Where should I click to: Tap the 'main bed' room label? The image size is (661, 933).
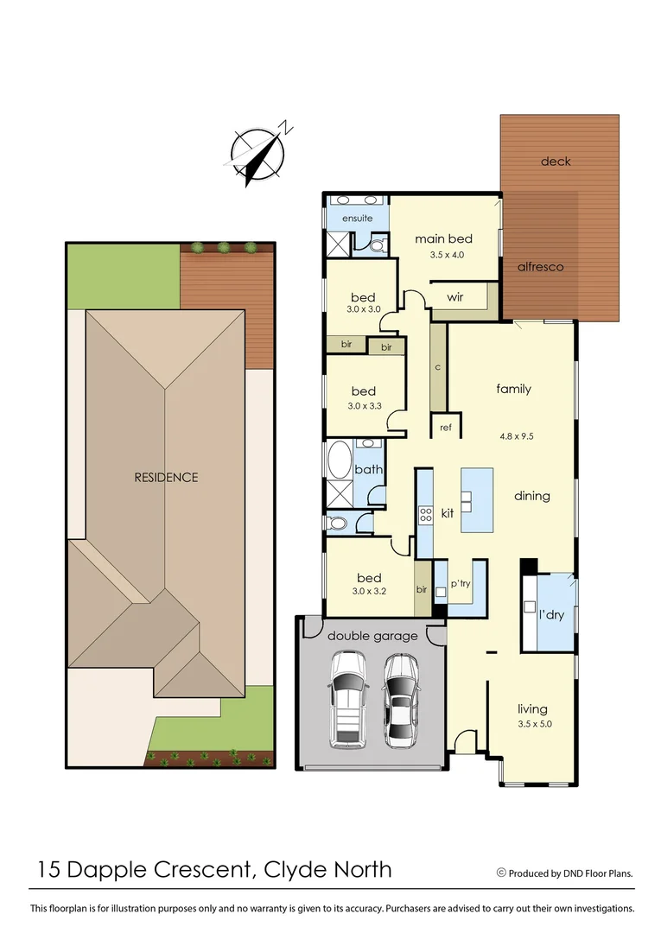tap(443, 238)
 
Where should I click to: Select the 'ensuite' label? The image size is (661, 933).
tap(357, 219)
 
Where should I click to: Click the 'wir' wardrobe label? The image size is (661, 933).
tap(456, 297)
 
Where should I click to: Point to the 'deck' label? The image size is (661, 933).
tap(556, 162)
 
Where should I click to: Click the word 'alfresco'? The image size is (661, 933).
tap(540, 267)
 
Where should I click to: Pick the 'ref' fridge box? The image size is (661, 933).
tap(446, 427)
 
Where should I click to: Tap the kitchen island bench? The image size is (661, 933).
tap(477, 500)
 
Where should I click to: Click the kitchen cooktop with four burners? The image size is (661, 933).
tap(426, 515)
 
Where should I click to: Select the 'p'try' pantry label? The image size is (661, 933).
tap(460, 584)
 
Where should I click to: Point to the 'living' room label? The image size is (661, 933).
tap(533, 707)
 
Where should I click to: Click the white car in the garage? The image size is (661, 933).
tap(347, 700)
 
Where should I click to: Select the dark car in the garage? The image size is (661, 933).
tap(402, 700)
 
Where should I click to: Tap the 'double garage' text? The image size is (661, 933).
tap(372, 636)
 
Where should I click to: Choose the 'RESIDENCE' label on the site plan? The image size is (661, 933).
tap(166, 477)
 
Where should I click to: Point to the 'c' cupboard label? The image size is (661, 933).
tap(438, 367)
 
